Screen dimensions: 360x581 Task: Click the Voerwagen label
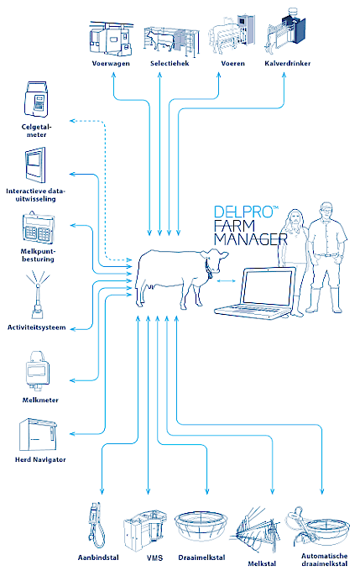[111, 63]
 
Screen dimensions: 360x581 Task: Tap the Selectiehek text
[170, 63]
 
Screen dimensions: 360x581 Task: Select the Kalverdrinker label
[287, 63]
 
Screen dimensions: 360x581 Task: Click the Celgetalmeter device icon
[36, 100]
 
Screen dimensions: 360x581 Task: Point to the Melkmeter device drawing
[37, 371]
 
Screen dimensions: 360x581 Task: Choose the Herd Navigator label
[40, 459]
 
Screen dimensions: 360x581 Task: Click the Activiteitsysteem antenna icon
[38, 296]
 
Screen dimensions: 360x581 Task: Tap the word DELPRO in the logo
[243, 212]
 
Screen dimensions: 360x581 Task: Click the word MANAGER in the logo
[251, 239]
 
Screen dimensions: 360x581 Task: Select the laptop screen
[268, 287]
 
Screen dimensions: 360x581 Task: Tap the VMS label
[154, 557]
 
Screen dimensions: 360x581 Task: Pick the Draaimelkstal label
[201, 557]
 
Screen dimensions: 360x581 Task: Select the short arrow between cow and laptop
[226, 281]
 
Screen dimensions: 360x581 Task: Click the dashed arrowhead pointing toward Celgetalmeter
[73, 120]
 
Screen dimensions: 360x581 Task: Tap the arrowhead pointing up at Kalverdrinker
[284, 75]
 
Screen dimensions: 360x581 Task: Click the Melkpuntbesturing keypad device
[38, 228]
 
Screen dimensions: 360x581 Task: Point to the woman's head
[295, 218]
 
